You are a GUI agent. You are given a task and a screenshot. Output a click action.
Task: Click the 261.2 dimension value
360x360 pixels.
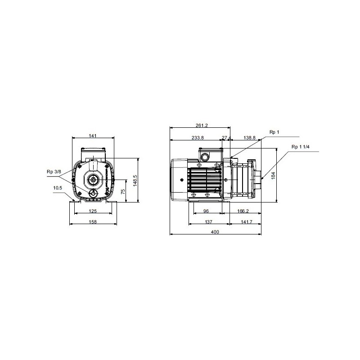(x=202, y=126)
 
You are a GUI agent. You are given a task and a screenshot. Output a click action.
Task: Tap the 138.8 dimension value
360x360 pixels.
(x=249, y=138)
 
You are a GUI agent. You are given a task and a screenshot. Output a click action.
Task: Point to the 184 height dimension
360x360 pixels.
(x=273, y=175)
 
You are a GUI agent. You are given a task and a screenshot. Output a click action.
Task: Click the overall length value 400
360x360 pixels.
(x=215, y=232)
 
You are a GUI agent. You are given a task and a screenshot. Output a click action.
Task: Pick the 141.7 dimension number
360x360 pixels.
(x=246, y=222)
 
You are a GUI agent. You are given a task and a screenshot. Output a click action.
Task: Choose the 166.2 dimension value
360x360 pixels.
(x=243, y=211)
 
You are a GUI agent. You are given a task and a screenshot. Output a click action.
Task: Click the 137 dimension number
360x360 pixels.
(x=208, y=222)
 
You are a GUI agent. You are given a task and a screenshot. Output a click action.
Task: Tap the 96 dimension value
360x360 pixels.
(x=206, y=211)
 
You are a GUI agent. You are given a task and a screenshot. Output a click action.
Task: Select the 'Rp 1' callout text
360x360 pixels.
(x=274, y=132)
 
